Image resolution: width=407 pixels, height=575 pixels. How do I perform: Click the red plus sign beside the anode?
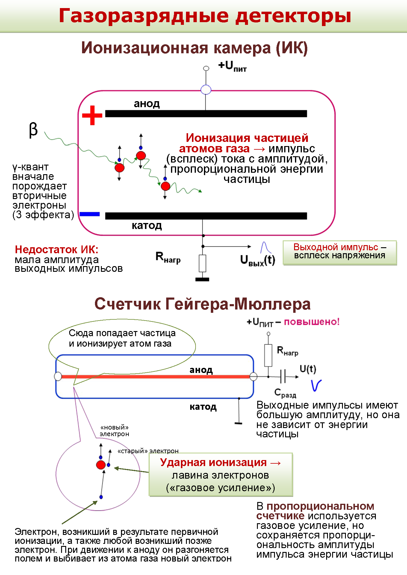coord(92,115)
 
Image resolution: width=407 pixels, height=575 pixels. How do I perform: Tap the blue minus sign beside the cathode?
coord(90,214)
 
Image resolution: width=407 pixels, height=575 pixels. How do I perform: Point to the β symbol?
coord(33,130)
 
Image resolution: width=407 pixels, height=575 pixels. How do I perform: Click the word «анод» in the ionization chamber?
coord(147,104)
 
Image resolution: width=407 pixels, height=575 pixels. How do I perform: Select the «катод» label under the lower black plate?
coord(147,225)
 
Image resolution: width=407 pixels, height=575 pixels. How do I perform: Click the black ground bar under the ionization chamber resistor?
coord(202,279)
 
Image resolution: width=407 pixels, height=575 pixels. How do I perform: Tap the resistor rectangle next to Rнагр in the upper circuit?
coord(202,263)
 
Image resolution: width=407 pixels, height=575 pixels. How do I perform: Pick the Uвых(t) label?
coord(258,260)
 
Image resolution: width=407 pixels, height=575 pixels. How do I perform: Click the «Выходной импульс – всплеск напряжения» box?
coord(340,252)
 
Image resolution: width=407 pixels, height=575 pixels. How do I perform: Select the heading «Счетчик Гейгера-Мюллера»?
coord(202,304)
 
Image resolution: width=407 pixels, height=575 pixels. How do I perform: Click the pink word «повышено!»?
coord(312,322)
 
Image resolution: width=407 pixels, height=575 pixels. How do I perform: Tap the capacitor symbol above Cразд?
coord(283,376)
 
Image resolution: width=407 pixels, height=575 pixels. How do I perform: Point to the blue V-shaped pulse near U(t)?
coord(316,385)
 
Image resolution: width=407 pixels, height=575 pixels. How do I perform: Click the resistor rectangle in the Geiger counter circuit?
coord(268,355)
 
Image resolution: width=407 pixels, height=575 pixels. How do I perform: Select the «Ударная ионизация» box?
coord(221,475)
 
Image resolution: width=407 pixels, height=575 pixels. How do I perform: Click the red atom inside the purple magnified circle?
coord(101,465)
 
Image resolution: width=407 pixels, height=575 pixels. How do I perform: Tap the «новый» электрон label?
coord(114,430)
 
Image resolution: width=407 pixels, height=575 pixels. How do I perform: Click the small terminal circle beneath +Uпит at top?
coord(206,68)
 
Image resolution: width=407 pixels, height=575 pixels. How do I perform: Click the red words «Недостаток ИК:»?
coord(57,249)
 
